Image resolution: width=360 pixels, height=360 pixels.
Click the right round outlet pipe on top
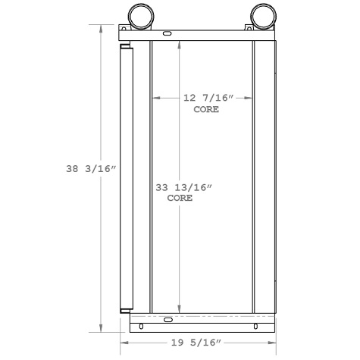[259, 14]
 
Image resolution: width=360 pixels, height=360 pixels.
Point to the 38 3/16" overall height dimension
[89, 171]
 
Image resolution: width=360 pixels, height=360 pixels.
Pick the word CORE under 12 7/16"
[207, 109]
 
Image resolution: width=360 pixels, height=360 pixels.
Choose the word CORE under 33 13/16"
[180, 198]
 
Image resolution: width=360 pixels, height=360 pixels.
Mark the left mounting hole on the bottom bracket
[139, 327]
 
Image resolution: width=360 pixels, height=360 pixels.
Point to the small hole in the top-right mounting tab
[248, 27]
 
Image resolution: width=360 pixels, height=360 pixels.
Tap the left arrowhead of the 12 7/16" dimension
[155, 98]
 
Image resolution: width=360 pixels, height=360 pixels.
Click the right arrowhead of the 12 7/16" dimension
[251, 98]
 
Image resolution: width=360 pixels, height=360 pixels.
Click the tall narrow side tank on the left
[127, 178]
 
